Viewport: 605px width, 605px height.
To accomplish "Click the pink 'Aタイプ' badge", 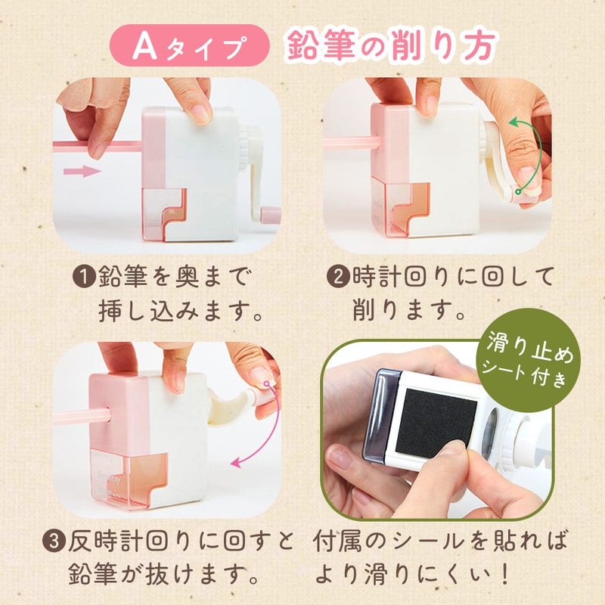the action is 190,45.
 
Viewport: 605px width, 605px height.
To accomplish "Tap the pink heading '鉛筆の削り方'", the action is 390,45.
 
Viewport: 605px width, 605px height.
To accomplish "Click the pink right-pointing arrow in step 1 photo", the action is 82,171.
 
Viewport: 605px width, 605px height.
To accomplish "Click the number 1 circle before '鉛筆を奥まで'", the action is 83,277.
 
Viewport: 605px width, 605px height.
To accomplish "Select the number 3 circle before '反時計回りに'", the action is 53,541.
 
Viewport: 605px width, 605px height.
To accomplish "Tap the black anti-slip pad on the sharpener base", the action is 436,422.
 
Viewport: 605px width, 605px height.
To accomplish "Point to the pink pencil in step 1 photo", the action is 98,146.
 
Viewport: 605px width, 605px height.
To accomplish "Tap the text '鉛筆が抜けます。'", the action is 163,576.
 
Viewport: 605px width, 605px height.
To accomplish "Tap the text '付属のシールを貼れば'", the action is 439,541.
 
